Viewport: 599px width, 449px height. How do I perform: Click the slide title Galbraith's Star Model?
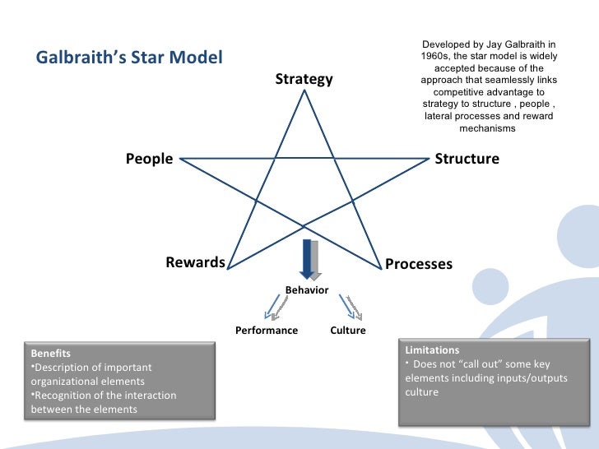tap(128, 59)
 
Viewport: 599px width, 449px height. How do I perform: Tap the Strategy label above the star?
tap(304, 80)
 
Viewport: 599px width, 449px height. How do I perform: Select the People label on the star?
tap(149, 159)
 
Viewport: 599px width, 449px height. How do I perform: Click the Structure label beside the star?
tap(467, 159)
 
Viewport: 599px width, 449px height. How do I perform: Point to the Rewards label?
tap(195, 262)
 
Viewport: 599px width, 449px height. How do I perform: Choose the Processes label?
tap(419, 264)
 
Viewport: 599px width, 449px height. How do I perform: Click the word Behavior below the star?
tap(307, 290)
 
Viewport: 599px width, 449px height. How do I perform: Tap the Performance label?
tap(267, 331)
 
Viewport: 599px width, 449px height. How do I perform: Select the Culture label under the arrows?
tap(348, 331)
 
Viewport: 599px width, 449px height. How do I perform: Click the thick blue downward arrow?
tap(309, 258)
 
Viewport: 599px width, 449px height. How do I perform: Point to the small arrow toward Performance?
tap(274, 308)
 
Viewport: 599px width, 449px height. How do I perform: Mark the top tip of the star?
tap(305, 90)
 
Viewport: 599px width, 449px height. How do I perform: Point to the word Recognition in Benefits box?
tap(63, 396)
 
